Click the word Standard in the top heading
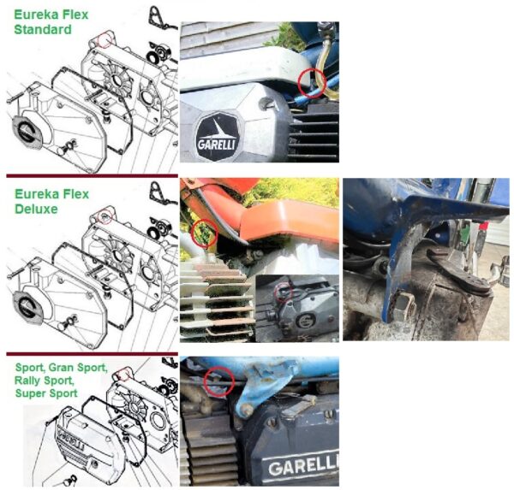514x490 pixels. click(x=43, y=29)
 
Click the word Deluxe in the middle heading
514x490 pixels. click(x=36, y=209)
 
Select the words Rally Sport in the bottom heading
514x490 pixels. click(x=45, y=381)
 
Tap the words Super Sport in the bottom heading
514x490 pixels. click(x=46, y=393)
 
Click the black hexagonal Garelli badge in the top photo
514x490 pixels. click(x=217, y=137)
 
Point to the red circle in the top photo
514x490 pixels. click(x=312, y=83)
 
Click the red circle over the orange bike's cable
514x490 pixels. click(x=204, y=233)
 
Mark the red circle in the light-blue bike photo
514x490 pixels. click(x=219, y=381)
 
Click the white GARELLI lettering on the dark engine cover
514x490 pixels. click(x=302, y=466)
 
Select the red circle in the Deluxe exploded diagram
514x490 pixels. click(x=105, y=215)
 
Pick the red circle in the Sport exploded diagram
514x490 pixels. click(x=123, y=375)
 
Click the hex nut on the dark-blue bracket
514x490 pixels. click(x=403, y=307)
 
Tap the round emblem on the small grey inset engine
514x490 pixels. click(x=305, y=321)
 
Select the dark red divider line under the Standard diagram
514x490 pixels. click(x=93, y=176)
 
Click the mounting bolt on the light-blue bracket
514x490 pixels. click(x=247, y=410)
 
